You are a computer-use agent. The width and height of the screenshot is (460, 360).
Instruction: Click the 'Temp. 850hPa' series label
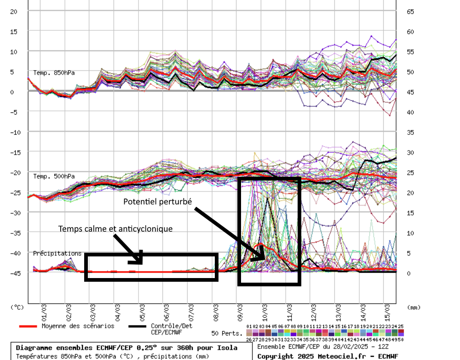click(54, 73)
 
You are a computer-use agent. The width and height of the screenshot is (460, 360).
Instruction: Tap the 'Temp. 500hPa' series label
click(54, 176)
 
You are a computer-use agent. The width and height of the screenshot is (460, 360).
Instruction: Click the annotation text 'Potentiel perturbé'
click(158, 202)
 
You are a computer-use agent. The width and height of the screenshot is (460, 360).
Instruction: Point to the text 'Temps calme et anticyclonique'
click(115, 228)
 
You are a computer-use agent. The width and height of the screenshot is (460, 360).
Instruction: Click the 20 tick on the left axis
click(13, 12)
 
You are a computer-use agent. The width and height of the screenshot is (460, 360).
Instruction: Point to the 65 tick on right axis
click(411, 12)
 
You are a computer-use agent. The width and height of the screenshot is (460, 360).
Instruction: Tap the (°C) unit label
click(17, 306)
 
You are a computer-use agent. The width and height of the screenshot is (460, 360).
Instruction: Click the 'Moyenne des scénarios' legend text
click(78, 326)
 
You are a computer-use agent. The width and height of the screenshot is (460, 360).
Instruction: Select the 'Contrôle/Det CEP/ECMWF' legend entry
click(171, 329)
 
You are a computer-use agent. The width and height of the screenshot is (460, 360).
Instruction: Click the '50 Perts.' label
click(227, 333)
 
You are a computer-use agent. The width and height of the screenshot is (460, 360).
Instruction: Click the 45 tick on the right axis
click(411, 92)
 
